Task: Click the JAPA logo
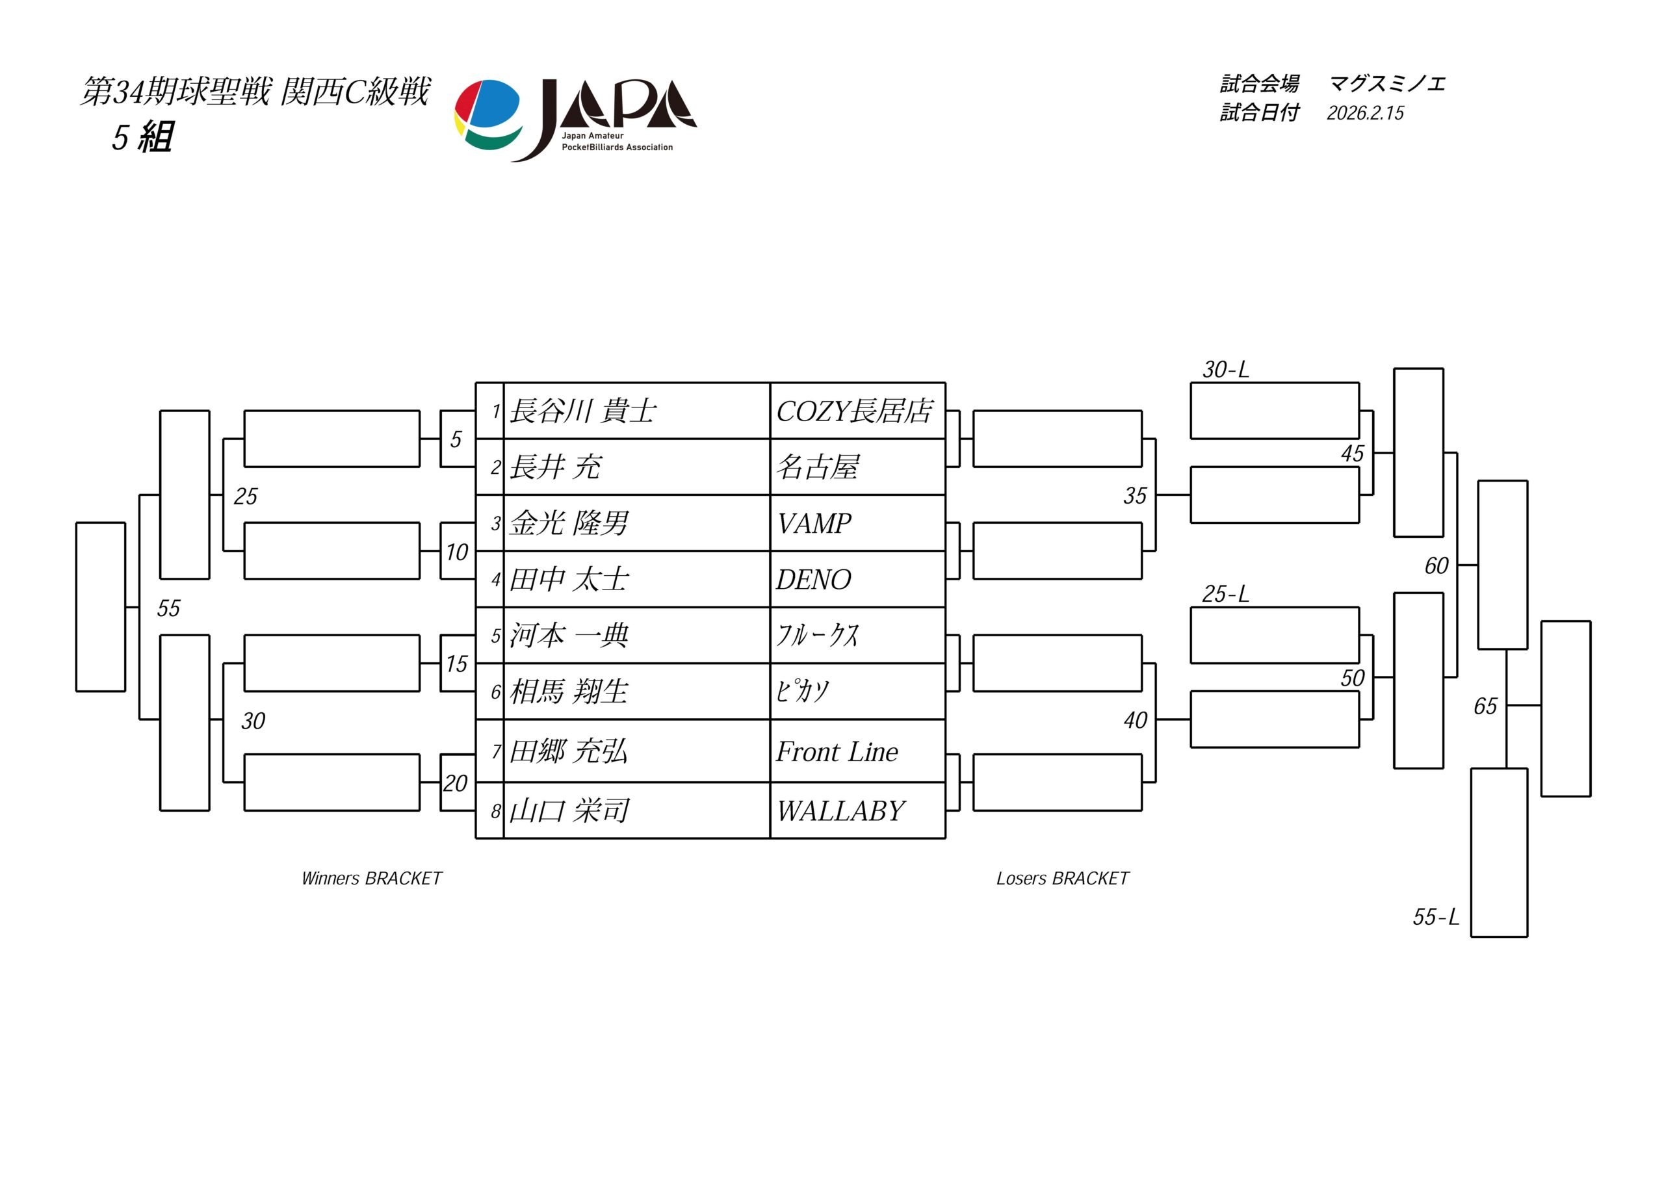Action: pyautogui.click(x=575, y=119)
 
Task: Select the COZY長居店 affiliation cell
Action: pyautogui.click(x=855, y=411)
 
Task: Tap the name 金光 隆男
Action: pyautogui.click(x=569, y=523)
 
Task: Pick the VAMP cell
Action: pyautogui.click(x=814, y=523)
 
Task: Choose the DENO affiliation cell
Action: pyautogui.click(x=813, y=580)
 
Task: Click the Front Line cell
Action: pyautogui.click(x=837, y=751)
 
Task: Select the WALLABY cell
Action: pyautogui.click(x=840, y=811)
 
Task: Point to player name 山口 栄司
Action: pyautogui.click(x=569, y=811)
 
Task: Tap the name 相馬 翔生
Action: pyautogui.click(x=569, y=692)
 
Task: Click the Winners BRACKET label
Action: pyautogui.click(x=371, y=879)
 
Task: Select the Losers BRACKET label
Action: pyautogui.click(x=1063, y=879)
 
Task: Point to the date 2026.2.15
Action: pyautogui.click(x=1366, y=113)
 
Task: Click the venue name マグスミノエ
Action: pyautogui.click(x=1387, y=84)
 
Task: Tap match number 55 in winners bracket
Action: pyautogui.click(x=168, y=608)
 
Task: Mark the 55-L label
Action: pyautogui.click(x=1436, y=917)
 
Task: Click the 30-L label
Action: pyautogui.click(x=1225, y=370)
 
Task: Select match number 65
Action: pyautogui.click(x=1485, y=706)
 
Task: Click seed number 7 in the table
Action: pyautogui.click(x=496, y=751)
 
